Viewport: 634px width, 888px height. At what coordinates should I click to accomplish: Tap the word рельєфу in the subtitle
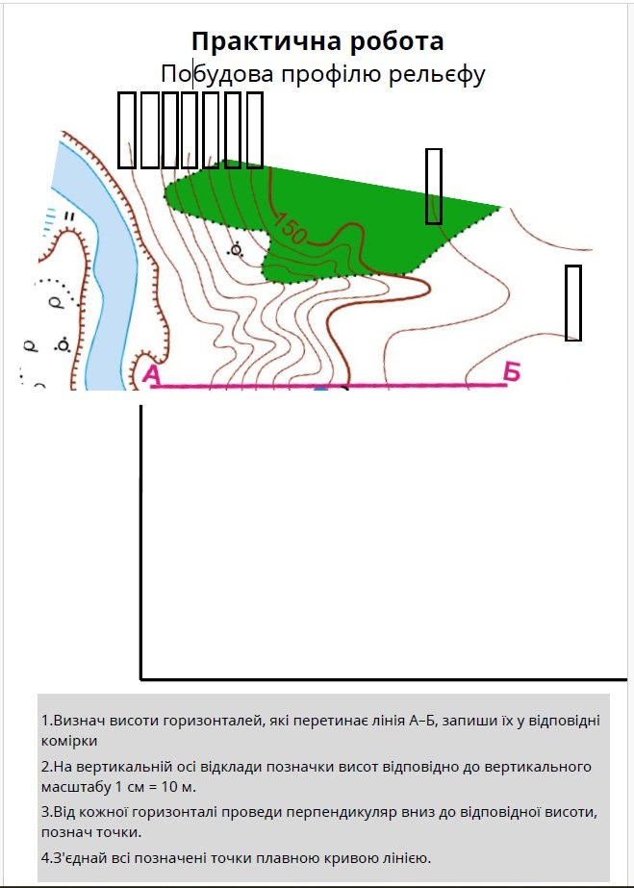pyautogui.click(x=437, y=75)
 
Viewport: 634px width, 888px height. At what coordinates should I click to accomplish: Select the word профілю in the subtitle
pyautogui.click(x=331, y=75)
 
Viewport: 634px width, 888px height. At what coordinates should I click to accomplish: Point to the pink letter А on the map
pyautogui.click(x=151, y=375)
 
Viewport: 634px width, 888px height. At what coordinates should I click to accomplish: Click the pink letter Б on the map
pyautogui.click(x=512, y=372)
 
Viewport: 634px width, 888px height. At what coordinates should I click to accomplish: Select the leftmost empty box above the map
pyautogui.click(x=127, y=130)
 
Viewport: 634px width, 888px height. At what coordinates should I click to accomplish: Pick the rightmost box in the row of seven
pyautogui.click(x=254, y=130)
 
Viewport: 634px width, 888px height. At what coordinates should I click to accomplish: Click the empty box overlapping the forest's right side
pyautogui.click(x=434, y=187)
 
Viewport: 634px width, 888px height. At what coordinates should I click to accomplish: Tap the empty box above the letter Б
pyautogui.click(x=573, y=303)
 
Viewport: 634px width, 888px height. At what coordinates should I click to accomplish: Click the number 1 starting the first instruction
pyautogui.click(x=44, y=721)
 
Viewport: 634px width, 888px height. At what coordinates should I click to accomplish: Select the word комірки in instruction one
pyautogui.click(x=69, y=741)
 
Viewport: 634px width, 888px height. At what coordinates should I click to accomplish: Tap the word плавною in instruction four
pyautogui.click(x=284, y=858)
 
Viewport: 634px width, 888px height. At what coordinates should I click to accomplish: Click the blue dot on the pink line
pyautogui.click(x=321, y=389)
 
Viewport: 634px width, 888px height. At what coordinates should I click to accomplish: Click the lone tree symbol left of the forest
pyautogui.click(x=236, y=249)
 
